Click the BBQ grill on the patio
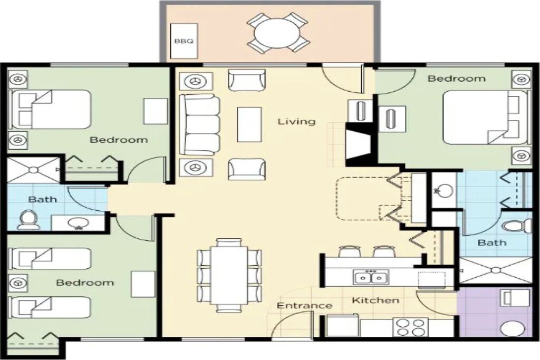click(x=184, y=41)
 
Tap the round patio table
click(x=277, y=33)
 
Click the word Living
click(x=296, y=121)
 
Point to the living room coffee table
click(x=249, y=124)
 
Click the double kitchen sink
click(x=371, y=277)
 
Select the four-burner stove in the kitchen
click(x=410, y=327)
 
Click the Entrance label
click(x=304, y=306)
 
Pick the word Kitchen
click(x=375, y=300)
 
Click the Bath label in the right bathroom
click(x=492, y=242)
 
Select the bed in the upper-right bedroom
click(x=485, y=117)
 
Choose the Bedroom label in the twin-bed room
click(x=85, y=283)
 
